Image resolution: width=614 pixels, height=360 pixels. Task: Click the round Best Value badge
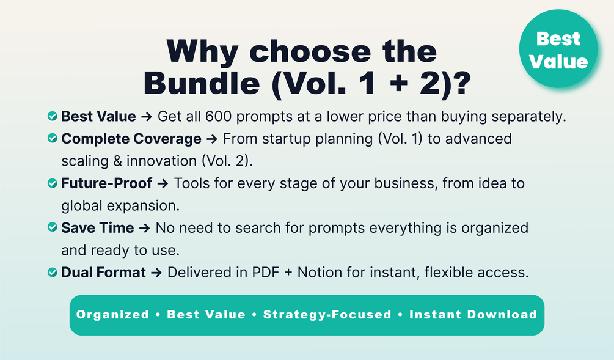[x=558, y=48]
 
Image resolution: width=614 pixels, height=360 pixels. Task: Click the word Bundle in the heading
[x=202, y=84]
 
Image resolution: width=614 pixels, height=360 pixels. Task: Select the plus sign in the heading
[x=399, y=84]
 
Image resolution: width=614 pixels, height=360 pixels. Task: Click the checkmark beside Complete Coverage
[x=53, y=138]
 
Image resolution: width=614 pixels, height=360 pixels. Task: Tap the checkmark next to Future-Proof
[x=53, y=183]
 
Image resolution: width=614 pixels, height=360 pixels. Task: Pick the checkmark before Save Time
[x=53, y=227]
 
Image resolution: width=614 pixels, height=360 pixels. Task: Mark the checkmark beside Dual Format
[x=53, y=272]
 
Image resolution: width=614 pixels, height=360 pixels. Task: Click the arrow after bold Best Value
[x=147, y=116]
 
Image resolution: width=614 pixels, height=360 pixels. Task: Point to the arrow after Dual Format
[x=156, y=272]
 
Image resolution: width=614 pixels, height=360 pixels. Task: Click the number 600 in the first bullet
[x=219, y=116]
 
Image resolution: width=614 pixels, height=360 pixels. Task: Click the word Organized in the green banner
[x=113, y=314]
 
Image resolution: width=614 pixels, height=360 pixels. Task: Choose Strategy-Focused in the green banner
[x=327, y=314]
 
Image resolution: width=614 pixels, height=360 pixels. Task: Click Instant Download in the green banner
[x=473, y=314]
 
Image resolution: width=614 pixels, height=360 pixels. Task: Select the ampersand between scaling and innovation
[x=117, y=161]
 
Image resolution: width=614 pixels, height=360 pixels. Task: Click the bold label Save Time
[x=98, y=227]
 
